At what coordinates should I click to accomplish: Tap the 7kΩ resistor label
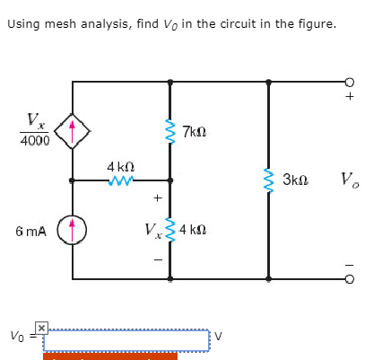196,133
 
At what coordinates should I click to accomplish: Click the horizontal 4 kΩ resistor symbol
121,180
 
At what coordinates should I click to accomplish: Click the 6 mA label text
30,231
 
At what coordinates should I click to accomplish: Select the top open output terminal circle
350,81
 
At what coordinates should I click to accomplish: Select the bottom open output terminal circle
350,278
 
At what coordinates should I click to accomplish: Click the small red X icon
40,329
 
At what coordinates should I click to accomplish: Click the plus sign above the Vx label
156,198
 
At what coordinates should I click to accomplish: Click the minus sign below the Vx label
156,261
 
